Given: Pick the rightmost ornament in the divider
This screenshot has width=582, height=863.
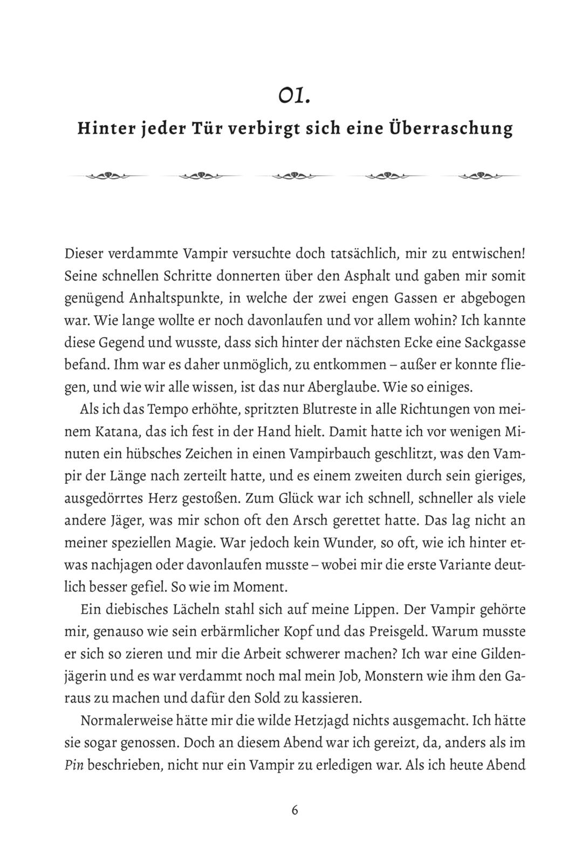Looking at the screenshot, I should [x=480, y=175].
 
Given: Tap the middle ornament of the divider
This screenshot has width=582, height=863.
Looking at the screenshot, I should [x=295, y=175].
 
